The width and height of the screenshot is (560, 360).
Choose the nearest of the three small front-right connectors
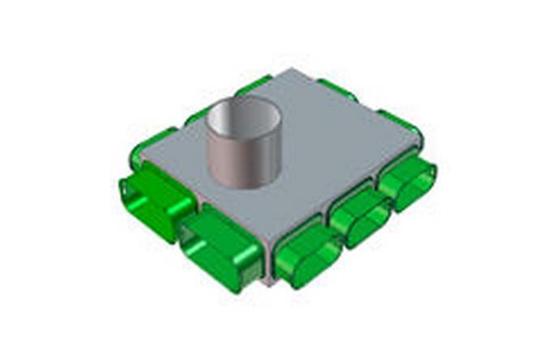pyautogui.click(x=308, y=253)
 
